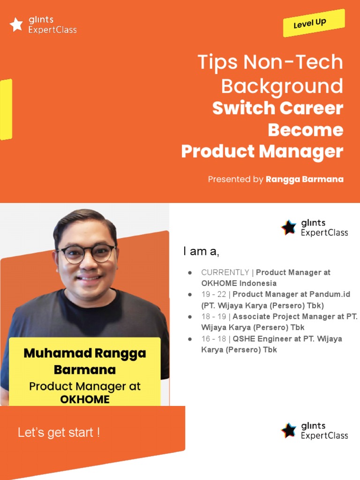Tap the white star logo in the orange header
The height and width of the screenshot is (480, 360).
click(16, 25)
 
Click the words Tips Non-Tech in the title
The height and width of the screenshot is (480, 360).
click(270, 62)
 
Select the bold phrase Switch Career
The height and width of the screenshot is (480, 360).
click(277, 108)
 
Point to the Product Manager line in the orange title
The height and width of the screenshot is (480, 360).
click(262, 151)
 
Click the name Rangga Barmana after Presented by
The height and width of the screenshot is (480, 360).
click(304, 180)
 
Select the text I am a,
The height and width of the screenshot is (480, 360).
click(201, 252)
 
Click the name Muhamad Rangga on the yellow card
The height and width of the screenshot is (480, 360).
click(84, 353)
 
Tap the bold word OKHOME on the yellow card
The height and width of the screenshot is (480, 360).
click(85, 399)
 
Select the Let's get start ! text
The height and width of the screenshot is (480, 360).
click(59, 432)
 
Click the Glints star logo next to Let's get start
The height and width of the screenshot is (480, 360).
click(289, 430)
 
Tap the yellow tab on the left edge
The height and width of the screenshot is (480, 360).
click(6, 109)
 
